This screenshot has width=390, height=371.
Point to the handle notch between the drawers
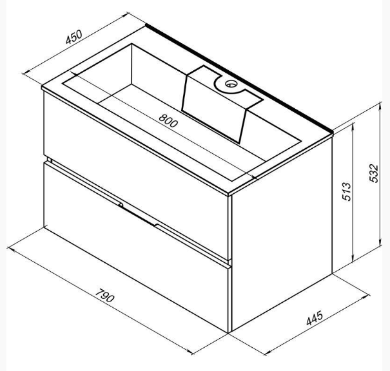(139, 213)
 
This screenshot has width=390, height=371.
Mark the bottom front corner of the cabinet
(229, 332)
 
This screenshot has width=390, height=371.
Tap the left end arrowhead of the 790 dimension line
(14, 245)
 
